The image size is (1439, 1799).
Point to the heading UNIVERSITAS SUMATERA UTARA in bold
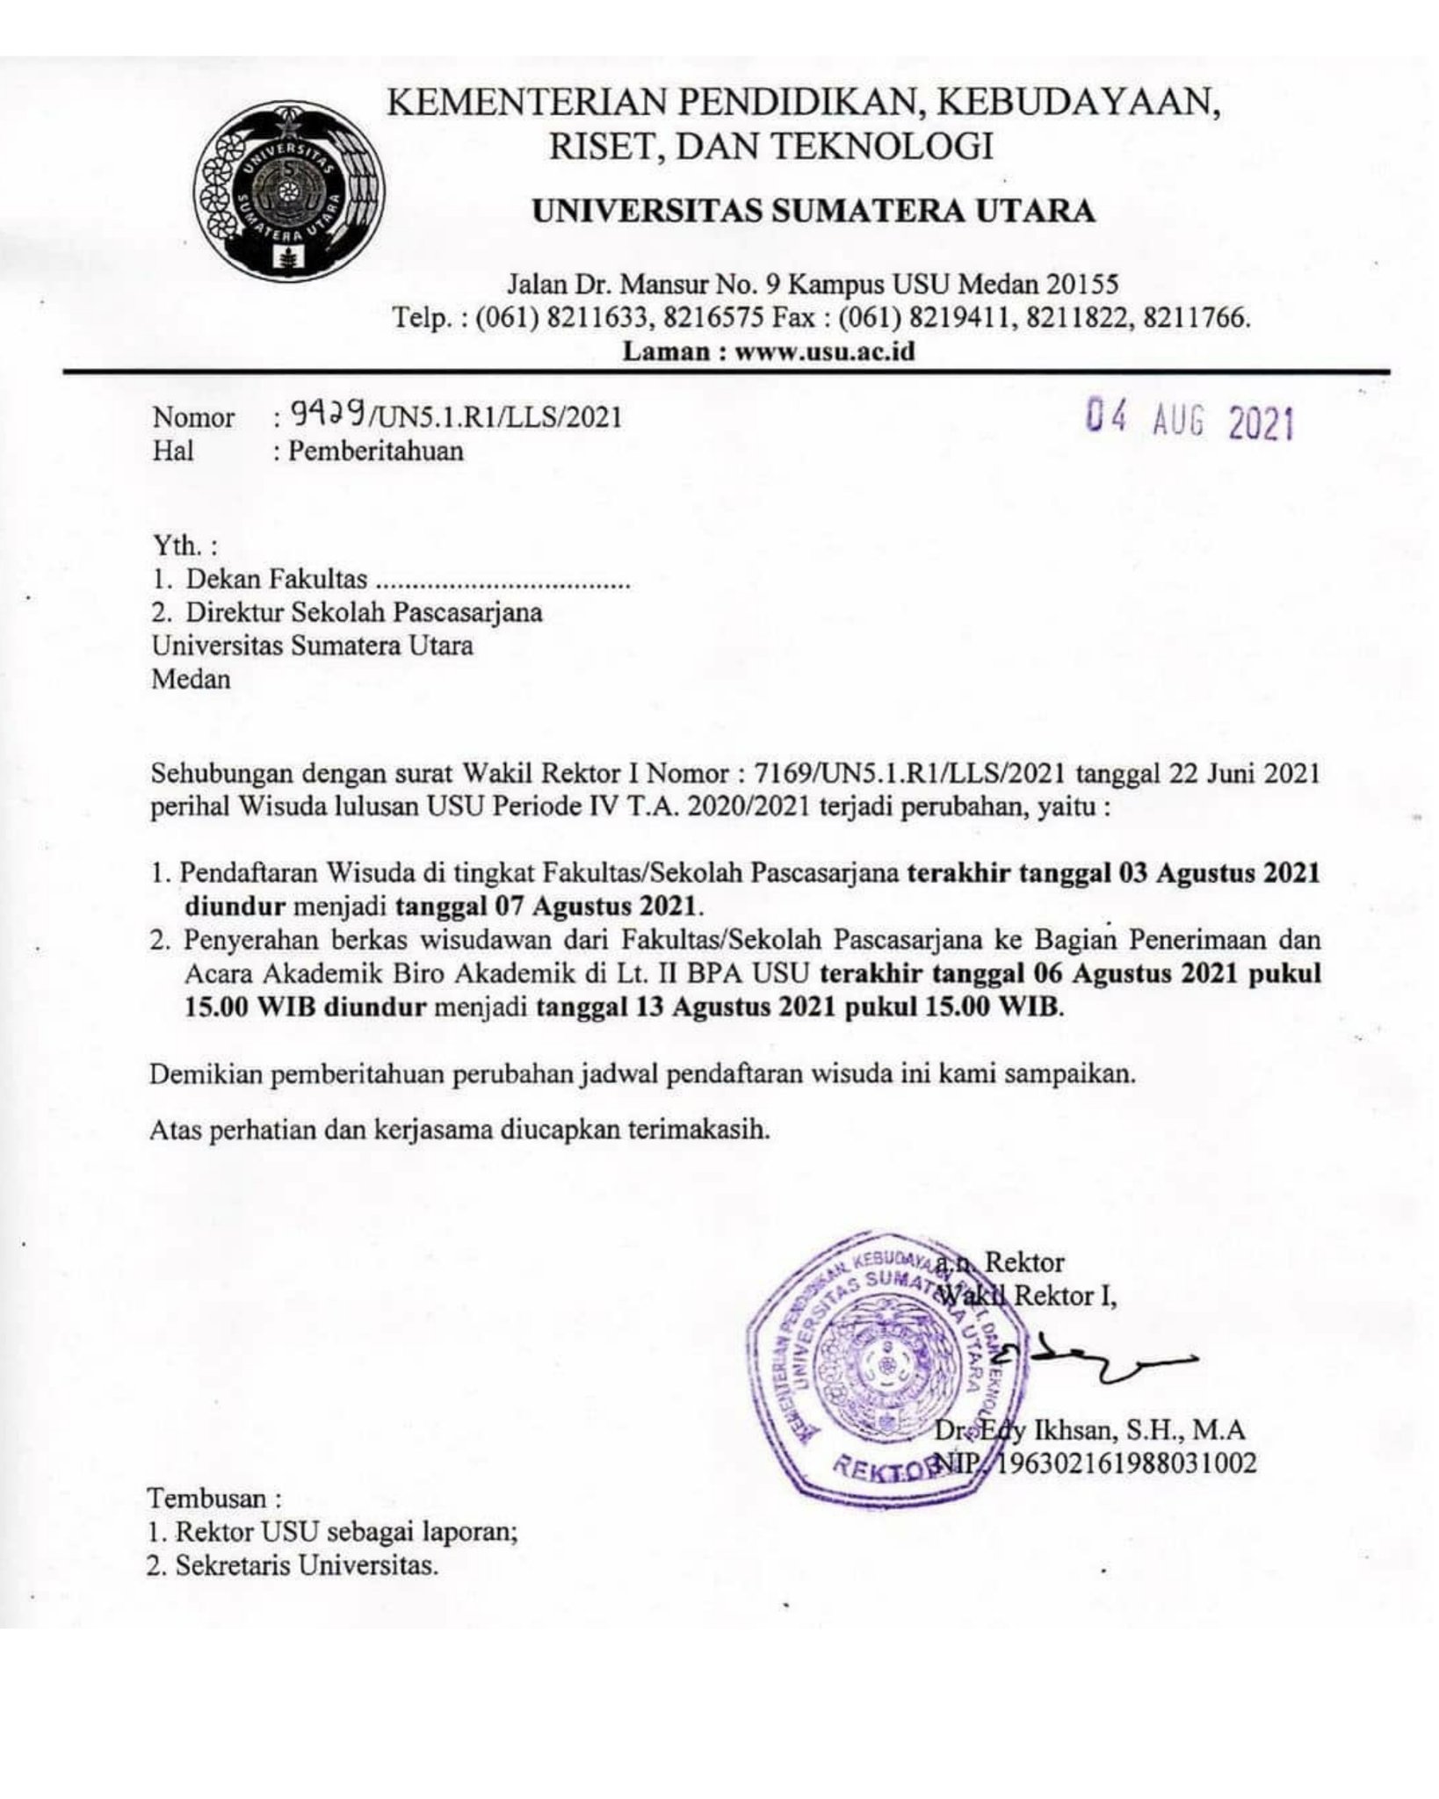pyautogui.click(x=814, y=212)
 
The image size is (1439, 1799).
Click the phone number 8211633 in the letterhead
pyautogui.click(x=601, y=318)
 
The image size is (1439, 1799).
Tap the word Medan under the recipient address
pyautogui.click(x=191, y=679)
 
